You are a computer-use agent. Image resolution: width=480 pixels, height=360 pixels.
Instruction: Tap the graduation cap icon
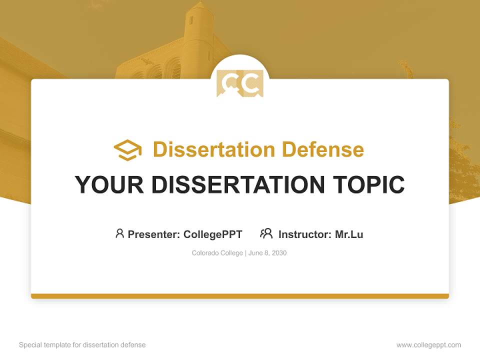click(127, 150)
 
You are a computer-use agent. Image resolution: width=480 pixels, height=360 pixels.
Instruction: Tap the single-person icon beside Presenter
click(119, 233)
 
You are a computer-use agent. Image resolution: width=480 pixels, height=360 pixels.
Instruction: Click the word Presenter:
click(153, 234)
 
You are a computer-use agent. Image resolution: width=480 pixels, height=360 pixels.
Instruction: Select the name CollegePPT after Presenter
click(212, 234)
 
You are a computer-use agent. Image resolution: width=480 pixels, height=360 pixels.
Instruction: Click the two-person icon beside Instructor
click(266, 233)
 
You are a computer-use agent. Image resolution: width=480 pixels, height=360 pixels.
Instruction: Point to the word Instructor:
click(304, 234)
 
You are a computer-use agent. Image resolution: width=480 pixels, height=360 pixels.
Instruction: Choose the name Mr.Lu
click(349, 234)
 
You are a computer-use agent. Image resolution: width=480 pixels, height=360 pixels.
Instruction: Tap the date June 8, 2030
click(268, 253)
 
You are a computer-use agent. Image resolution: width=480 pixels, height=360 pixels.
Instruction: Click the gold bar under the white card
click(240, 296)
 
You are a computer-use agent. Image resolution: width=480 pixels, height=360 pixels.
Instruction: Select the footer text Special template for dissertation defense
click(82, 345)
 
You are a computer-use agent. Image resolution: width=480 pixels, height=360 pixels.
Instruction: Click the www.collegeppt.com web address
click(428, 345)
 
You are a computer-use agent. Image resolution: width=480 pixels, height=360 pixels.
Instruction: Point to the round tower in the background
click(198, 35)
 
